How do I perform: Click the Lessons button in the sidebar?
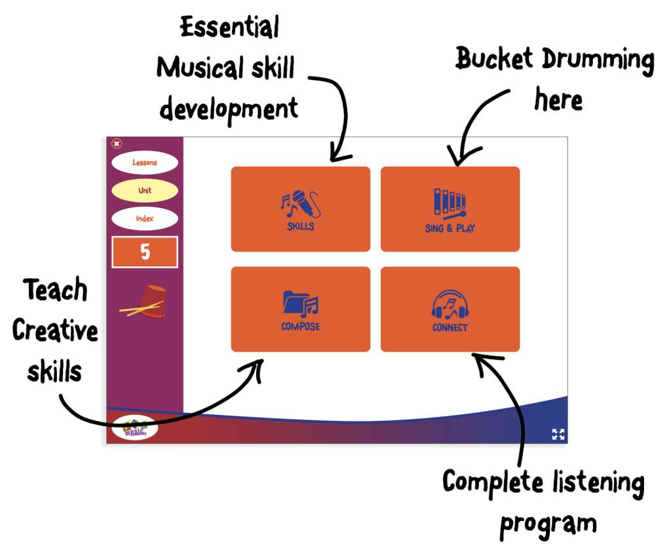(144, 162)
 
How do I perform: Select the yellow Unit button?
(144, 190)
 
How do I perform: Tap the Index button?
(144, 219)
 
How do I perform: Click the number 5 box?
(145, 252)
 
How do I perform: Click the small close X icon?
(117, 143)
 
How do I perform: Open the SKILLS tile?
(300, 209)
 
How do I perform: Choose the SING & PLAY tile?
(450, 209)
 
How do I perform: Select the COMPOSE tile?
(300, 309)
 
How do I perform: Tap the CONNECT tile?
(450, 309)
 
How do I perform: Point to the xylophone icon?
(450, 203)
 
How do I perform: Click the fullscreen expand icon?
(558, 434)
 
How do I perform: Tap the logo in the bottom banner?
(134, 428)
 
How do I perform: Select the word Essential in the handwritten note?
(229, 27)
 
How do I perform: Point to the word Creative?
(55, 331)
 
